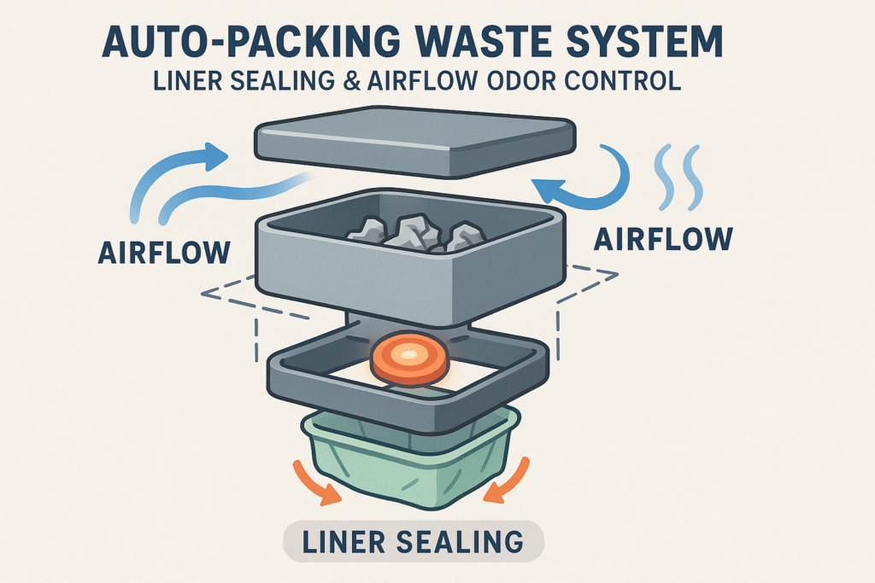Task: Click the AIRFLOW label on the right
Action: [x=662, y=240]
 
